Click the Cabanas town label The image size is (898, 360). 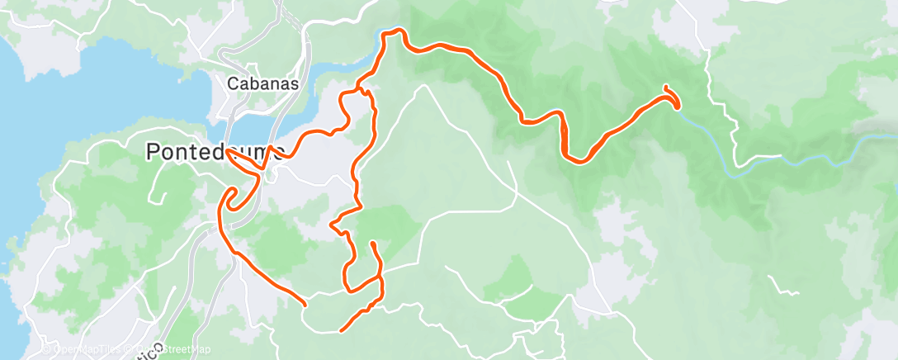(x=262, y=83)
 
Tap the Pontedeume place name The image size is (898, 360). (x=215, y=152)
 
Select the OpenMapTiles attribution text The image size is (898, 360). (x=83, y=349)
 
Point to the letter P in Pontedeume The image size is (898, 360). (x=153, y=152)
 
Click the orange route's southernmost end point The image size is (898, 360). (x=342, y=330)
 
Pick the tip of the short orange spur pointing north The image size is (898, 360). (x=372, y=244)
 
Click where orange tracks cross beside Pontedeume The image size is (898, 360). (x=260, y=169)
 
